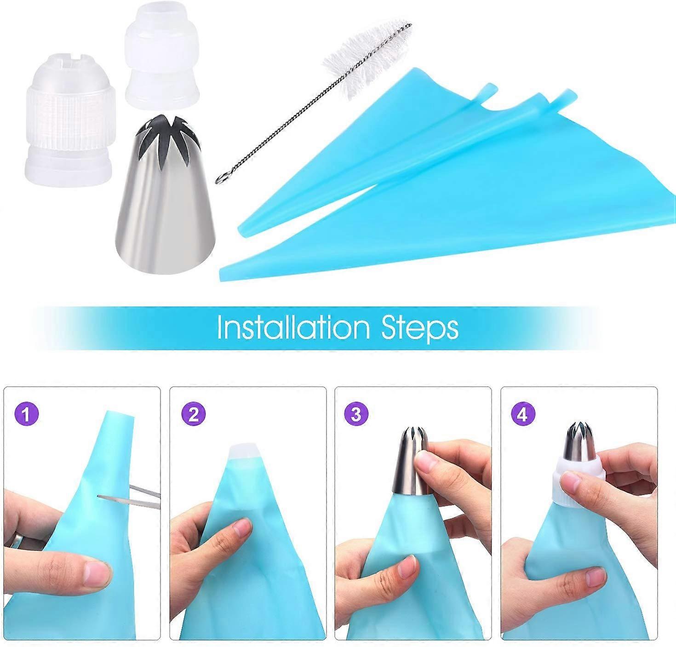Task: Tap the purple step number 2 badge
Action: [x=194, y=414]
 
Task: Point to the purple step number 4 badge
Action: [x=523, y=414]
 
